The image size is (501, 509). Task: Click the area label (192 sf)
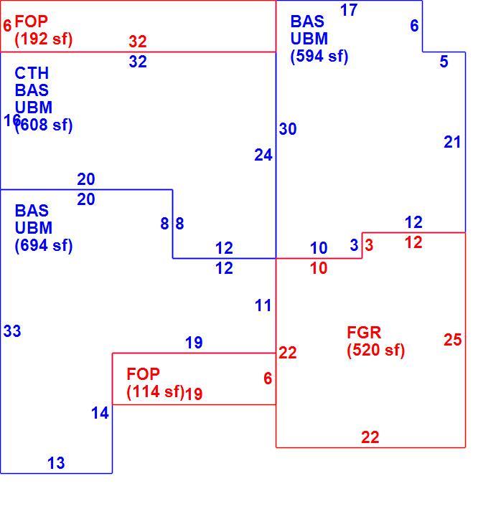tap(44, 39)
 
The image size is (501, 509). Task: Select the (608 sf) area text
tap(44, 125)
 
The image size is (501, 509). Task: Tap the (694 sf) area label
tap(44, 245)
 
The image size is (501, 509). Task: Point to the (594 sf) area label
tap(319, 56)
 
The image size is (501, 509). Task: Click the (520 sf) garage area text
tap(376, 350)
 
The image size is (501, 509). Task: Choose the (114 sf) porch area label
tap(156, 391)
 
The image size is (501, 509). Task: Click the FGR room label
tap(364, 333)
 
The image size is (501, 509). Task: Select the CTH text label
tap(32, 73)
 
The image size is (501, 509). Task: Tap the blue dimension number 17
tap(349, 10)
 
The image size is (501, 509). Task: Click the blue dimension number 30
tap(288, 129)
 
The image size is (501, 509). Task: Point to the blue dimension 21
tap(452, 142)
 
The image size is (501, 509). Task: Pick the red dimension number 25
tap(453, 340)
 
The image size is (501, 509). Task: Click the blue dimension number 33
tap(12, 331)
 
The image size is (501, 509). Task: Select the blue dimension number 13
tap(56, 463)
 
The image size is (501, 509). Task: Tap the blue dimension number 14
tap(100, 413)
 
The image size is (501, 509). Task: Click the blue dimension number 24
tap(263, 155)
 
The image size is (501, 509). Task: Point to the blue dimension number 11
tap(263, 305)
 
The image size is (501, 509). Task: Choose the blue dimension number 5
tap(444, 62)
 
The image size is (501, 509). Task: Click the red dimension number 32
tap(138, 42)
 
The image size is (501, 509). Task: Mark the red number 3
tap(369, 245)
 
